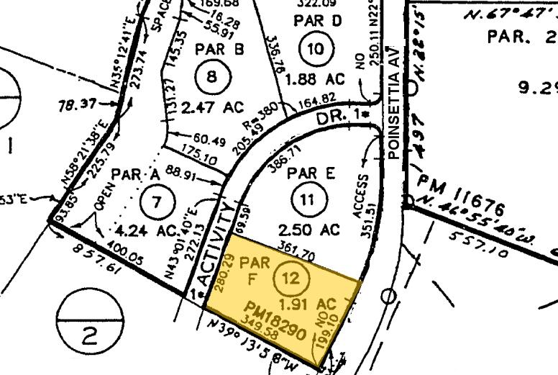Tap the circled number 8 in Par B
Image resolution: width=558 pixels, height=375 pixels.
(x=209, y=76)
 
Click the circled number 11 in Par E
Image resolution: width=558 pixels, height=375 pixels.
(x=307, y=201)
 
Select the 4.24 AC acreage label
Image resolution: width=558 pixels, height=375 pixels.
(x=147, y=231)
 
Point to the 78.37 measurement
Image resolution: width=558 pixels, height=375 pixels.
(x=77, y=105)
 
